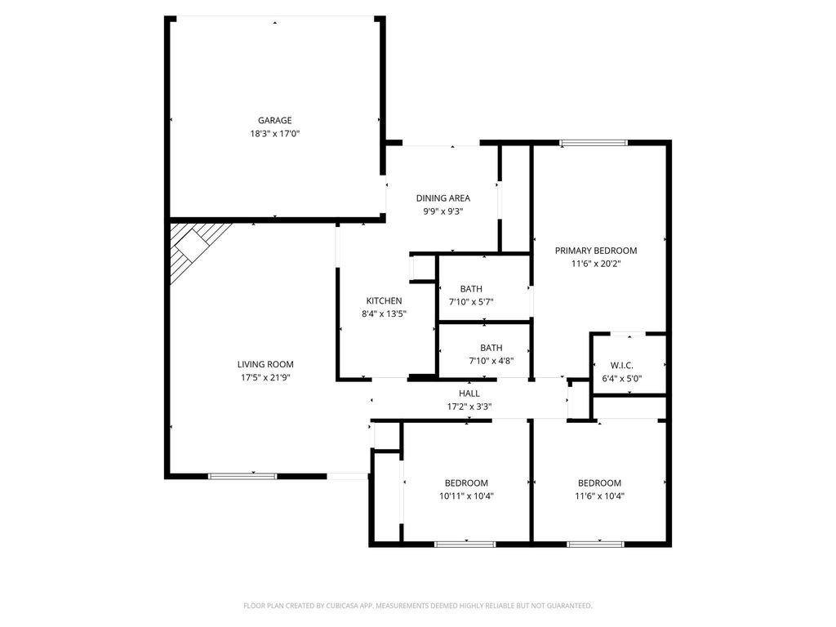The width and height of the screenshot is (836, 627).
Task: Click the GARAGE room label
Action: pos(274,121)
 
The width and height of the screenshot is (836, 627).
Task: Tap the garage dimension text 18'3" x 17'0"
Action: pos(275,134)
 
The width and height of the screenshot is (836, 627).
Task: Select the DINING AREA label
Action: pos(443,198)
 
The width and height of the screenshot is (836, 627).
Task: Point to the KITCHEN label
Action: pos(384,301)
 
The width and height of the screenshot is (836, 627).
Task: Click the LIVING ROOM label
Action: pos(265,365)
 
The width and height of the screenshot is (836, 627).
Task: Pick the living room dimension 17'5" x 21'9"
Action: pos(265,378)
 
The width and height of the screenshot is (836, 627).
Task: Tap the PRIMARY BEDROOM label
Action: pos(596,251)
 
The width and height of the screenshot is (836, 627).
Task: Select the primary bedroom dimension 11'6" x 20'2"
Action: pos(596,264)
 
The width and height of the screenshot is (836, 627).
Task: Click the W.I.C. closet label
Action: pos(621,366)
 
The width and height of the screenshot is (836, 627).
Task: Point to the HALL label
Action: pos(469,394)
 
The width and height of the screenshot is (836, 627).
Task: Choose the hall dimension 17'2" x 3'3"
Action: pos(469,407)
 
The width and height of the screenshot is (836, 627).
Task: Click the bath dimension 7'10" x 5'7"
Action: pos(471,302)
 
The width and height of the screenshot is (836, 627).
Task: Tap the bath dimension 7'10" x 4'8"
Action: pos(491,361)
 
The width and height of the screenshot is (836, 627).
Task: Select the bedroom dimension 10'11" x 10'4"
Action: pos(466,496)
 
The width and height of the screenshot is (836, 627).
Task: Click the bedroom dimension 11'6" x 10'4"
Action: pos(600,496)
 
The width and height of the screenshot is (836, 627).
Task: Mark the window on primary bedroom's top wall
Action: pos(594,143)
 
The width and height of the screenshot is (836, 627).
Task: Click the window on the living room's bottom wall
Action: pos(242,476)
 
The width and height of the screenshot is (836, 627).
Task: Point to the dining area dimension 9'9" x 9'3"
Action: pos(443,211)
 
